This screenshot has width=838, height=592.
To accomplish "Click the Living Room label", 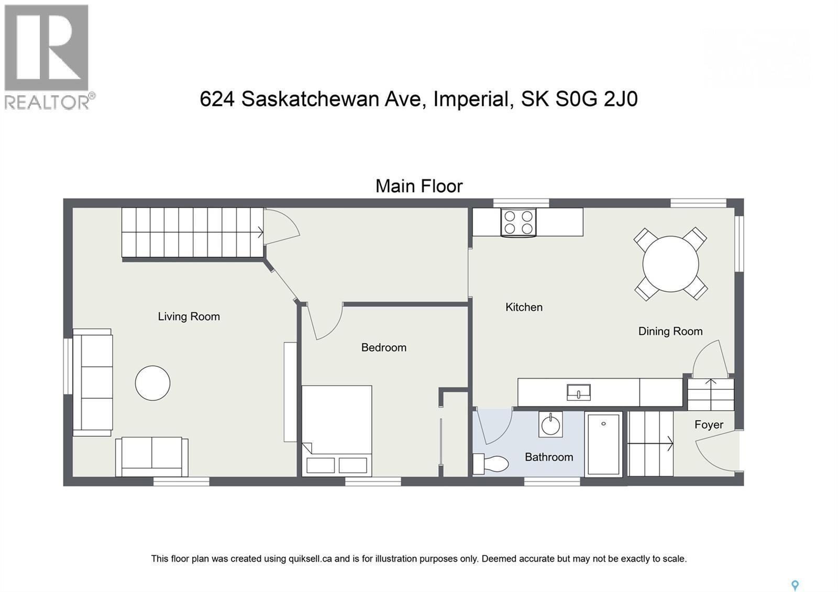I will click(x=189, y=316).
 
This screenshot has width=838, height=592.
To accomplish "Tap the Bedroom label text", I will click(x=383, y=347).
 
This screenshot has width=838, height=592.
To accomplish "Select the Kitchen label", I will click(x=524, y=307).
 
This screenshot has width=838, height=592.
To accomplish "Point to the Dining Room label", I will click(x=670, y=331).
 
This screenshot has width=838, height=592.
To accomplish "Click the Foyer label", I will click(x=709, y=424).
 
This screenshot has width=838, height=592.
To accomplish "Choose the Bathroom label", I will click(x=548, y=457).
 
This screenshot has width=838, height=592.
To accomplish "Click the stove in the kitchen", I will click(x=517, y=222).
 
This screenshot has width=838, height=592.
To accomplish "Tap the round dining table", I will click(x=670, y=264).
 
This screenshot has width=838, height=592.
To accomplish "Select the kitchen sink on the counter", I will click(x=578, y=392).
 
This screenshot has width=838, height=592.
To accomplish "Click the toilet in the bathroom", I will click(x=492, y=464).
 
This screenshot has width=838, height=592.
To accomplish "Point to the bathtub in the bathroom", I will click(x=603, y=444).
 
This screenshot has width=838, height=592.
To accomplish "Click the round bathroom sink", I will click(x=550, y=424).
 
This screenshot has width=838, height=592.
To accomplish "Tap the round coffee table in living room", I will click(x=152, y=383).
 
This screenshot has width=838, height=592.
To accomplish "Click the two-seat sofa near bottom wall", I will click(x=152, y=456).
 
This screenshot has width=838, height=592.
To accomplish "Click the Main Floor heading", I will click(x=419, y=186).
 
